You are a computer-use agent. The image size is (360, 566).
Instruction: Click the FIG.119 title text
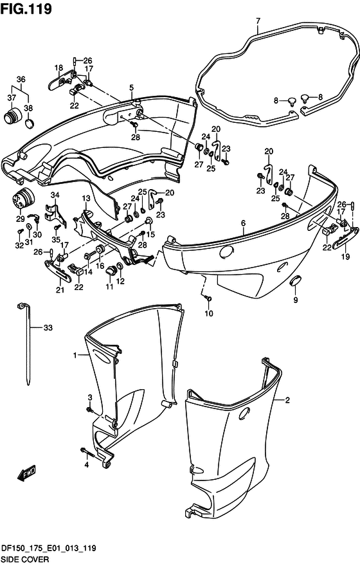(26, 8)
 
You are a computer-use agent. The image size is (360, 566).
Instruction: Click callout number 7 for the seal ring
(258, 21)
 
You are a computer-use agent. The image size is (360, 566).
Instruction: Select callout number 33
(48, 327)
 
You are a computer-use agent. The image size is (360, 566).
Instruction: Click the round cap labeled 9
(296, 280)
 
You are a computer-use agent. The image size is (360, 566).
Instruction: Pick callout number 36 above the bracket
(21, 79)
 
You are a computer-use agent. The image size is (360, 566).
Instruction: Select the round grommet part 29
(24, 198)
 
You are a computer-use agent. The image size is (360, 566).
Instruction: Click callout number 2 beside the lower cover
(287, 400)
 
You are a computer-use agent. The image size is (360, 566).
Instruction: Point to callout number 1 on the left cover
(75, 356)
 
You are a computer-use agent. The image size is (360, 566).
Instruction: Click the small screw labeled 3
(89, 410)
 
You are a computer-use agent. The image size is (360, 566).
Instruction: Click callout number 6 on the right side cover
(244, 223)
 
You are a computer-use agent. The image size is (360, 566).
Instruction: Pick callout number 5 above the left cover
(131, 87)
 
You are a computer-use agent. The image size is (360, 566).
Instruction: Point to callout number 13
(86, 198)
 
